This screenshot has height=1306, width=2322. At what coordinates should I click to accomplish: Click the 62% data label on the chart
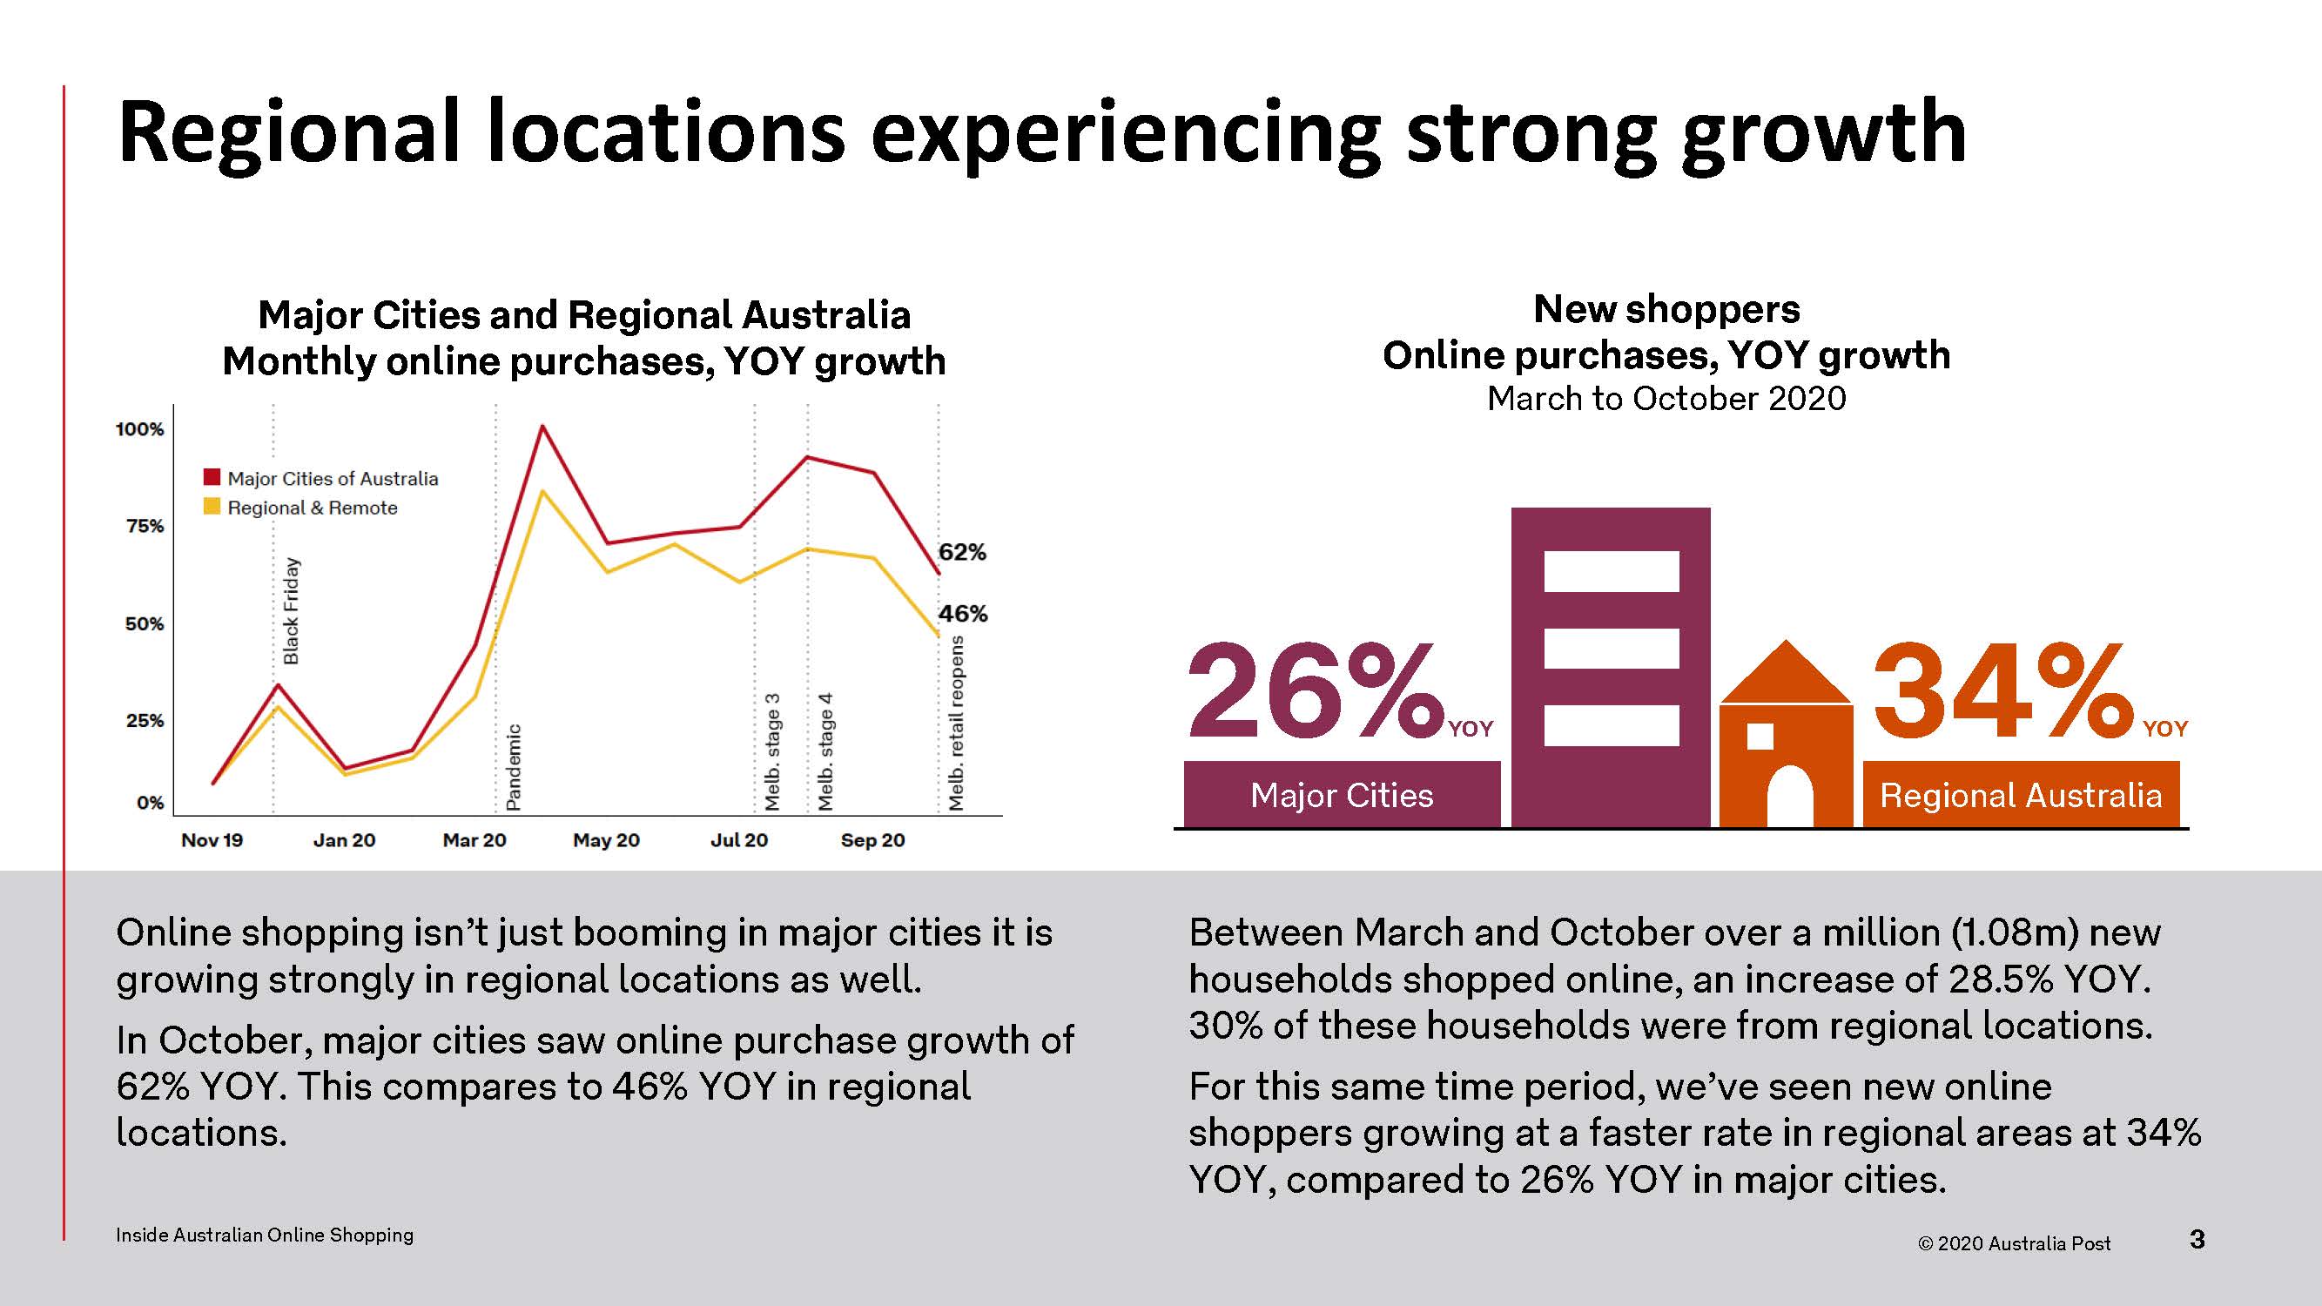(962, 552)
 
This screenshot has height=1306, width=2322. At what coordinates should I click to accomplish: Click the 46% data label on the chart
(963, 614)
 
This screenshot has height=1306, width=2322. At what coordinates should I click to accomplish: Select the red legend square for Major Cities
(212, 477)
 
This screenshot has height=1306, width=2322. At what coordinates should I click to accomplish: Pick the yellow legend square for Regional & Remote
(212, 506)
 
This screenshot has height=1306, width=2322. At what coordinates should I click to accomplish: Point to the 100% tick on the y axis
(139, 429)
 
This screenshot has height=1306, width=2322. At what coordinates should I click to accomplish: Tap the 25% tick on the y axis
(145, 720)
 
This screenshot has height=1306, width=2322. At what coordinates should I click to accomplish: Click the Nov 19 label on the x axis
(212, 840)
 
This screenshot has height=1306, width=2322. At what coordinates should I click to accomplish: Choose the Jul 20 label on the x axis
(739, 840)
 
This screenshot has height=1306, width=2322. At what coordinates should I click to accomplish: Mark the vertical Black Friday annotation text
(291, 611)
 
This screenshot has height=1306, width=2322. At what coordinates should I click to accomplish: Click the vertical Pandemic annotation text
(513, 767)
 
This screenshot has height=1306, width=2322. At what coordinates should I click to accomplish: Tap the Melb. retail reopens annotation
(956, 723)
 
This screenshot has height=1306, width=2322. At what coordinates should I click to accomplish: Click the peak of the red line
(542, 426)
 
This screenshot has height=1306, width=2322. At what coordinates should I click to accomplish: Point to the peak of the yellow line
(542, 491)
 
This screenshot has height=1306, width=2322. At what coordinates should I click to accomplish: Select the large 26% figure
(1317, 690)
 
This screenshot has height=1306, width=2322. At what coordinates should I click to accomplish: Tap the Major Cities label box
(1342, 794)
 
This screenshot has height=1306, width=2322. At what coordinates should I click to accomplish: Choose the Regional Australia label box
(2021, 794)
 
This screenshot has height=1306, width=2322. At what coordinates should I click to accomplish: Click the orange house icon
(1786, 734)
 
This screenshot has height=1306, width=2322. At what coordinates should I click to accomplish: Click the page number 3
(2197, 1239)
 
